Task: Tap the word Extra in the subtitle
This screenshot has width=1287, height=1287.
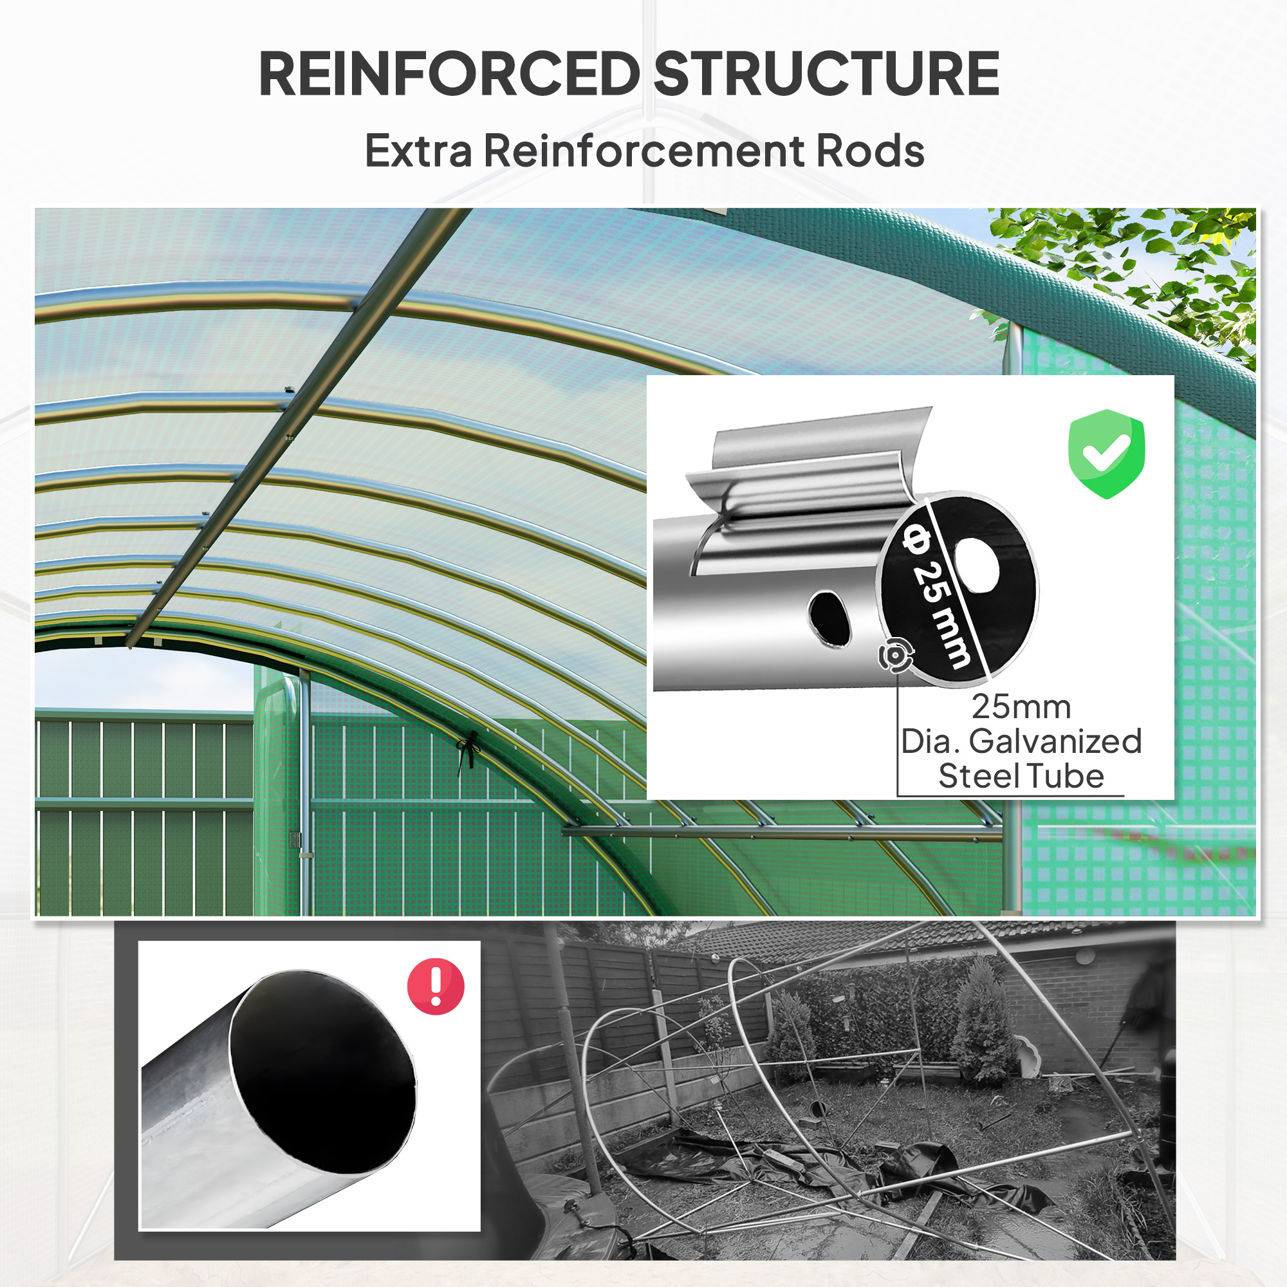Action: [419, 151]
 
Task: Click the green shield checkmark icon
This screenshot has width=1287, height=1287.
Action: [1106, 454]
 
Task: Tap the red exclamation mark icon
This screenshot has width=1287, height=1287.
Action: [436, 986]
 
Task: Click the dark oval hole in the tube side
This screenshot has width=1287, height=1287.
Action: [830, 618]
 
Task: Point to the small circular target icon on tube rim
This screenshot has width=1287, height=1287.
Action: [894, 656]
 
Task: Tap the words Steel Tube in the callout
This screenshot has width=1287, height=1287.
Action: [1021, 776]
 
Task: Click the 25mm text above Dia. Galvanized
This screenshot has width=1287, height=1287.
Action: [1021, 707]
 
